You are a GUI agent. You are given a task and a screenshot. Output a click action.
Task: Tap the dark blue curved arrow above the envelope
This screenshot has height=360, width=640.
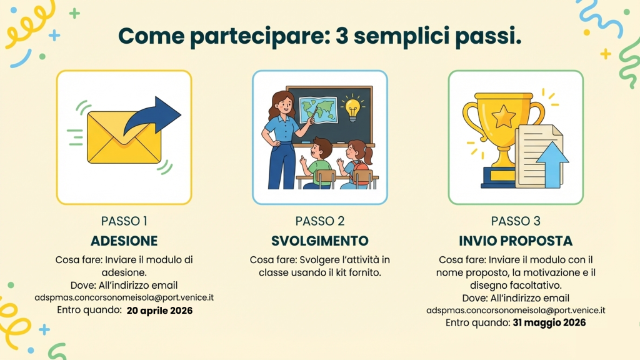[x=152, y=116]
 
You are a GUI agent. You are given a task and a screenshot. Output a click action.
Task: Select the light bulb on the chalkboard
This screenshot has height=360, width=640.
[x=352, y=109]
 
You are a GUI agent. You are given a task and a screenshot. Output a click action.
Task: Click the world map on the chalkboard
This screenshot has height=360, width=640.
[x=319, y=109]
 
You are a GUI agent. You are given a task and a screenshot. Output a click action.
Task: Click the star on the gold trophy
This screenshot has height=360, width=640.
[x=504, y=116]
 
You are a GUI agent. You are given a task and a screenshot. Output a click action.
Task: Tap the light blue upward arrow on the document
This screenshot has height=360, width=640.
[x=552, y=164]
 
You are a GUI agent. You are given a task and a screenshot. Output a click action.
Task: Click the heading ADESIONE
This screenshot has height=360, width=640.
[x=124, y=241]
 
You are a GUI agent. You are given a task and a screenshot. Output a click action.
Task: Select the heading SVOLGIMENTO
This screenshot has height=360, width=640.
[x=320, y=241]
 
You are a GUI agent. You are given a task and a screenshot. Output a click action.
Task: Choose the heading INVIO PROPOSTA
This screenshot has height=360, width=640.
[x=516, y=241]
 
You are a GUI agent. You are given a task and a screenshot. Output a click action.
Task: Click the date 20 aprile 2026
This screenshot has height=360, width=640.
[x=159, y=311]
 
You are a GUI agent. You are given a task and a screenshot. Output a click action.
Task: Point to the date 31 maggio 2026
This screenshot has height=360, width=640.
[x=549, y=323]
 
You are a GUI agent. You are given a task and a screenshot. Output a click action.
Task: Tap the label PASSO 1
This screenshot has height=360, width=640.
[x=124, y=221]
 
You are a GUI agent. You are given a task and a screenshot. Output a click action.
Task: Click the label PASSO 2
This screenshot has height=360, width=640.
[x=320, y=221]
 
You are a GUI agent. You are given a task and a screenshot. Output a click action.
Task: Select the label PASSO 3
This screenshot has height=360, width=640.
[x=516, y=221]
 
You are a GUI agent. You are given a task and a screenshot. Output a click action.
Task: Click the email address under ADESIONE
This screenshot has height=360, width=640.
[x=124, y=297]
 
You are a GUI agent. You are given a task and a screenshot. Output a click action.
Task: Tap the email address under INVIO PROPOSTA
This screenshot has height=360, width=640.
[x=516, y=310]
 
